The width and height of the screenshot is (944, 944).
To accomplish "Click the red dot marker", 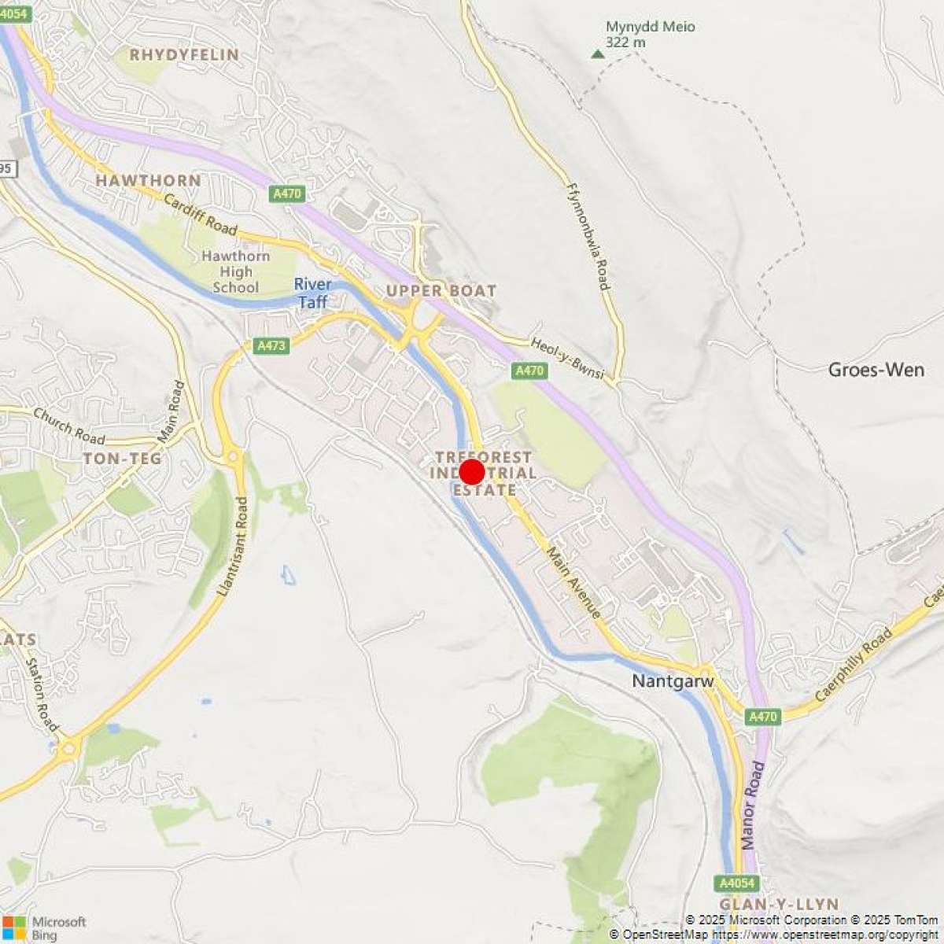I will [471, 472].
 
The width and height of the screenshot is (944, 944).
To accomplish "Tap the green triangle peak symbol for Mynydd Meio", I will [598, 54].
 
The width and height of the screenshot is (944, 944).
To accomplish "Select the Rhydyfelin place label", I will [184, 55].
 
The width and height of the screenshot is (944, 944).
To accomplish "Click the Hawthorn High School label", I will [235, 271].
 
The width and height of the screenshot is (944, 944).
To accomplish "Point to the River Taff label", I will [313, 293].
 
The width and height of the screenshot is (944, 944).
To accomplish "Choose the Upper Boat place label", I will [441, 291].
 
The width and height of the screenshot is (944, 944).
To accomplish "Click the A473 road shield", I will [271, 345].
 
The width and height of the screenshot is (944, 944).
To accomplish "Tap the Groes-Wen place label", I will [876, 369].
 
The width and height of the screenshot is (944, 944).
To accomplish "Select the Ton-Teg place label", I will [122, 459].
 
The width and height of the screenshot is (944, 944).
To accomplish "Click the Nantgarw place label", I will [673, 681].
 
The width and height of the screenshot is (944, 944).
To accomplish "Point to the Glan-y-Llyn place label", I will [779, 904].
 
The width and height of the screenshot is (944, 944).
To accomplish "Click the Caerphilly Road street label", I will [854, 664].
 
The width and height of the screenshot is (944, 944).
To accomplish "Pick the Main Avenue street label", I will [575, 582].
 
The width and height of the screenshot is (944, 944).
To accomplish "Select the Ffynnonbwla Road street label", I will [588, 236].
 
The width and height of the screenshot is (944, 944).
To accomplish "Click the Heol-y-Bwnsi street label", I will [567, 358].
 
